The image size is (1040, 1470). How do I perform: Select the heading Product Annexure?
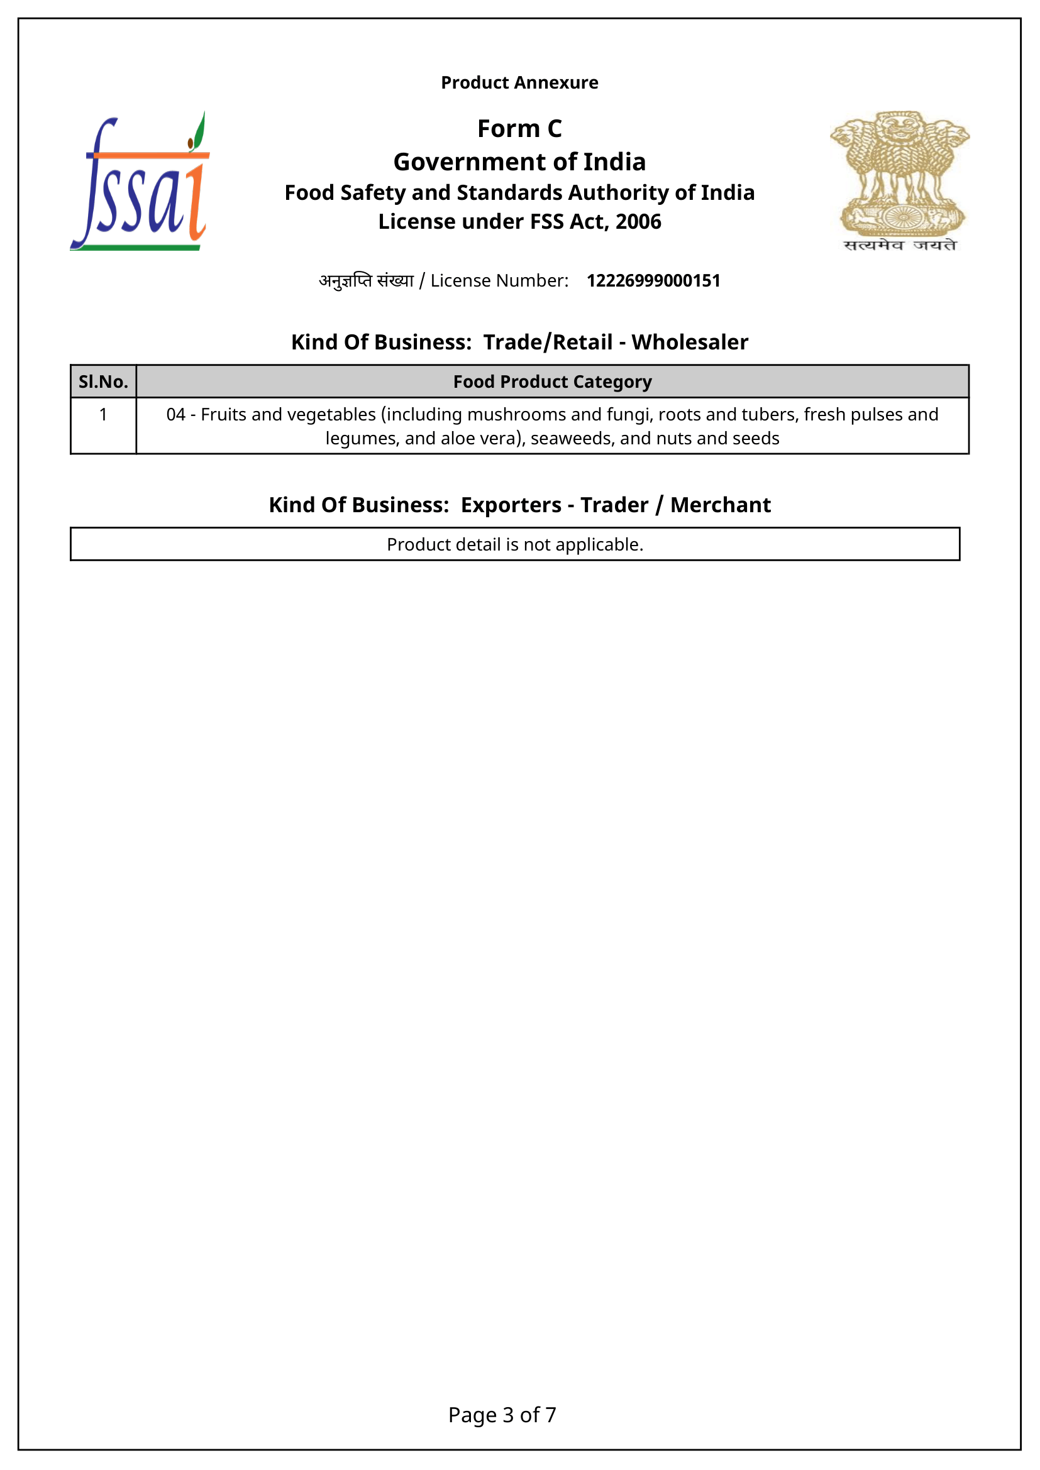click(519, 82)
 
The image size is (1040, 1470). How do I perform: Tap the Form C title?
click(519, 129)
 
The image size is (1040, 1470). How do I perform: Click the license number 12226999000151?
click(653, 280)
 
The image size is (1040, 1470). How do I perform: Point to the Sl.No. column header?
click(103, 381)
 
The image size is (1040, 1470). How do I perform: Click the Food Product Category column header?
click(552, 381)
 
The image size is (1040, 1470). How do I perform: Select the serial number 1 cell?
click(103, 415)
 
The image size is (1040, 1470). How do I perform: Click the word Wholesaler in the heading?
click(690, 343)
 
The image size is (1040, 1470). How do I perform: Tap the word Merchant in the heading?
click(721, 505)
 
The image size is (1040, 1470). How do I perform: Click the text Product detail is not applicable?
click(515, 544)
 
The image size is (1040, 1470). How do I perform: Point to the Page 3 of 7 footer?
click(502, 1414)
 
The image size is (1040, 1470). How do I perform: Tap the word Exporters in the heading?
click(511, 505)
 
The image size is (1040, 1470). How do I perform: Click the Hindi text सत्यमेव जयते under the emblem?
click(900, 245)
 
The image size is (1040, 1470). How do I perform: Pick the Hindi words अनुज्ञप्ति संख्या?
click(367, 281)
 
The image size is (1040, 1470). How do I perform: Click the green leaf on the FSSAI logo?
click(199, 130)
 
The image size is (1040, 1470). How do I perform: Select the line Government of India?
click(519, 162)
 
